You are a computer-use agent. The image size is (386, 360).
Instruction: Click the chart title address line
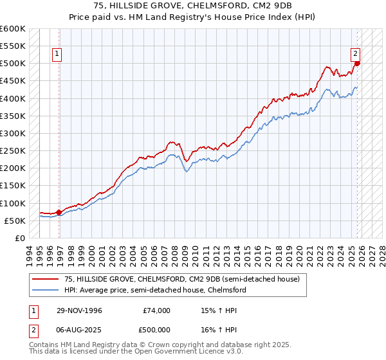(192, 6)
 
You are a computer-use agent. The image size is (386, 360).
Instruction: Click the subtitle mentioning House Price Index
(192, 17)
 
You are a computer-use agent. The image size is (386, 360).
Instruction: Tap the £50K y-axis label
(15, 221)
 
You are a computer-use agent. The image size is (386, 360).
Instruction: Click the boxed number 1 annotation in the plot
(58, 54)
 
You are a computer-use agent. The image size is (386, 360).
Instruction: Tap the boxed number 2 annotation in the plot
(355, 54)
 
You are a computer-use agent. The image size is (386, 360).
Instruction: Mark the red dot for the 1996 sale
(59, 212)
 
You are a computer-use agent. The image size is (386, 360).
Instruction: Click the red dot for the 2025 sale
(358, 63)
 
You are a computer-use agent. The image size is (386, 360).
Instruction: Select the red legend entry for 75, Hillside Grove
(174, 279)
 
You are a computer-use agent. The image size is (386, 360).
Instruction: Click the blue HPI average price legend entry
(154, 290)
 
